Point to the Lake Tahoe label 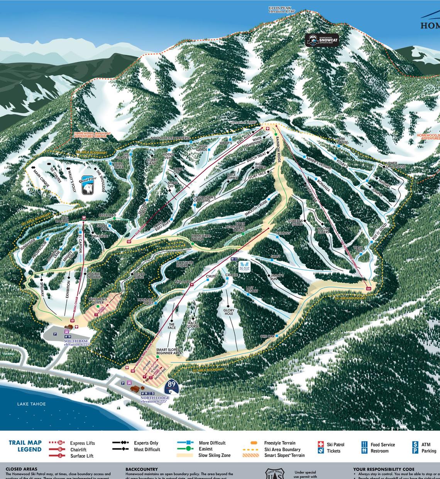(x=31, y=404)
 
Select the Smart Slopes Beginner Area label (x=169, y=351)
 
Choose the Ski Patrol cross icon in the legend (x=320, y=444)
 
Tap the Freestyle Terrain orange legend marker (x=254, y=443)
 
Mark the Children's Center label (x=98, y=301)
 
